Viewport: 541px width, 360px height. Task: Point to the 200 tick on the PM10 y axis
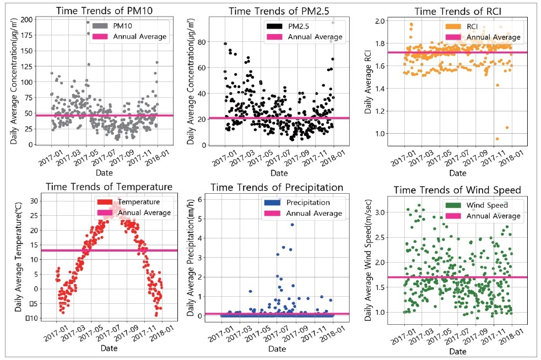click(25, 19)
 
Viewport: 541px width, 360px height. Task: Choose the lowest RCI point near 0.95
click(497, 139)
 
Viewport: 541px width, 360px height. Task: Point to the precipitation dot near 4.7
click(292, 225)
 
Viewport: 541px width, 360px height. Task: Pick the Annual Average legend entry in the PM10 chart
click(139, 37)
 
